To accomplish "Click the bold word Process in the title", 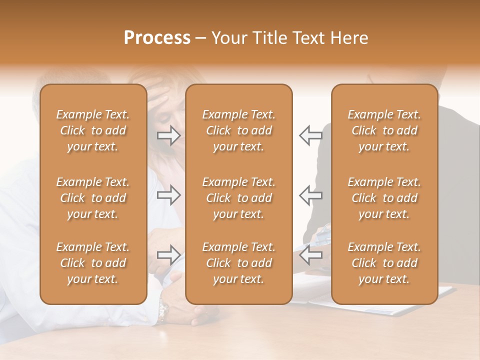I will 157,38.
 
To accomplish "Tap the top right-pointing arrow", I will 168,135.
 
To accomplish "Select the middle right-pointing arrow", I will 168,195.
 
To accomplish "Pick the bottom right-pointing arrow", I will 168,255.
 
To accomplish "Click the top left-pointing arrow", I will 310,135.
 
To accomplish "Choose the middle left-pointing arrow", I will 310,195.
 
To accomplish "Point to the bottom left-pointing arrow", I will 310,255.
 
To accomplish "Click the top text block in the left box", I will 93,130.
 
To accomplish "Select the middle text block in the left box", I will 93,198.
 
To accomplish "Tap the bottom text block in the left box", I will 93,263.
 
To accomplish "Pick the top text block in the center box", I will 238,130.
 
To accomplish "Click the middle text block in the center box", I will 238,198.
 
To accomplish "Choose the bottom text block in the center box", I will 238,263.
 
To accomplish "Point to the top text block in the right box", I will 384,130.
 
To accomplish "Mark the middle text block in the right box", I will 384,198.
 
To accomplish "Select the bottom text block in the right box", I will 384,263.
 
